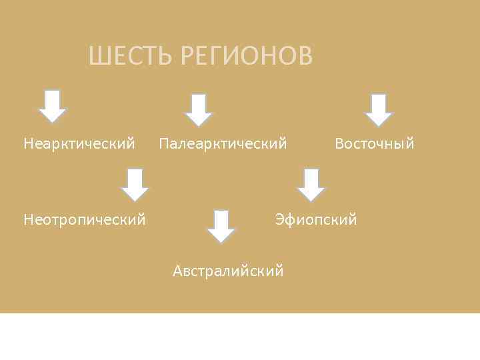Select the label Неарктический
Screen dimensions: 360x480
pyautogui.click(x=79, y=143)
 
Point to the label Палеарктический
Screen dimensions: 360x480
pyautogui.click(x=223, y=143)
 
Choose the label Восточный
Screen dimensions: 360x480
pyautogui.click(x=374, y=143)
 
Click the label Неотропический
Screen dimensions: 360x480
pyautogui.click(x=85, y=219)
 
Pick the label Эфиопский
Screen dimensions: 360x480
pyautogui.click(x=316, y=219)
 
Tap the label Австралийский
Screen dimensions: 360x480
pyautogui.click(x=228, y=271)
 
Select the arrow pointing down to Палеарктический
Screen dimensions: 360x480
pyautogui.click(x=198, y=110)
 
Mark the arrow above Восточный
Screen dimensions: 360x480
pyautogui.click(x=379, y=110)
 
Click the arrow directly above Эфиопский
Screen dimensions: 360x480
pyautogui.click(x=310, y=185)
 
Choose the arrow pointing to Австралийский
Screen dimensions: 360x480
pyautogui.click(x=221, y=227)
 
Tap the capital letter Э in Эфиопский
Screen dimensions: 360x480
pyautogui.click(x=279, y=219)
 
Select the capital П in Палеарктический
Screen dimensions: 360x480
pyautogui.click(x=163, y=143)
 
